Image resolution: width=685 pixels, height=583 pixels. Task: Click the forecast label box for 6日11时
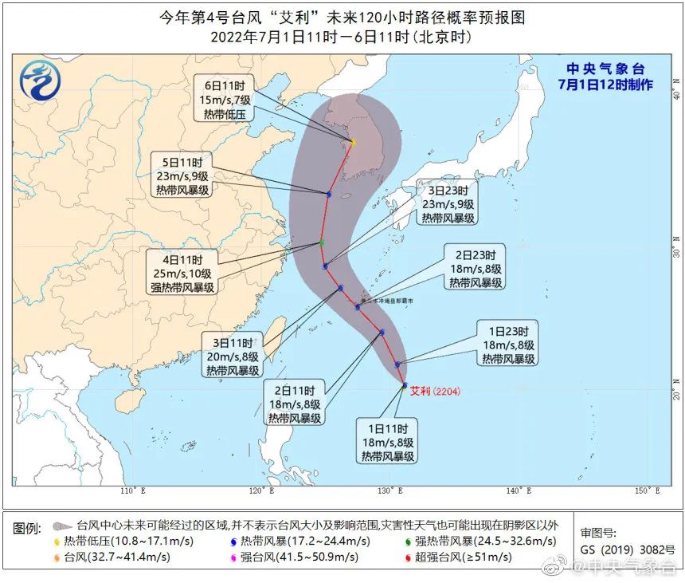click(x=224, y=99)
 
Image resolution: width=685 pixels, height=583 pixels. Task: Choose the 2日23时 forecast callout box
click(x=476, y=269)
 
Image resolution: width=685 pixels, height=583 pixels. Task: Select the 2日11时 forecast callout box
click(x=294, y=404)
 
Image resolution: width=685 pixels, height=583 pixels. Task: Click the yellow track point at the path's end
click(x=352, y=143)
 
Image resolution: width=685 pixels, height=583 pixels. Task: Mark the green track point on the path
click(x=322, y=242)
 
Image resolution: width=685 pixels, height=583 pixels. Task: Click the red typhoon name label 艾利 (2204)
click(x=434, y=391)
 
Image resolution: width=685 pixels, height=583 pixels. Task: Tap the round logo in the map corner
click(x=35, y=79)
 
